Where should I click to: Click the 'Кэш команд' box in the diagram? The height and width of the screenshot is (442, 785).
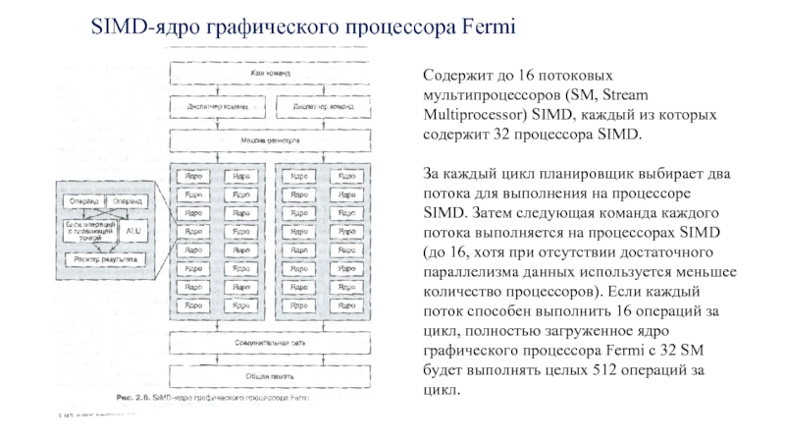point(270,75)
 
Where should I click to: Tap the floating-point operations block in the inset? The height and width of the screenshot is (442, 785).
point(88,230)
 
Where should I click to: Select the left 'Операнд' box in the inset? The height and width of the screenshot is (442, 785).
point(83,200)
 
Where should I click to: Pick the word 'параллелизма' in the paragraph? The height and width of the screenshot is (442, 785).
point(469,271)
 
